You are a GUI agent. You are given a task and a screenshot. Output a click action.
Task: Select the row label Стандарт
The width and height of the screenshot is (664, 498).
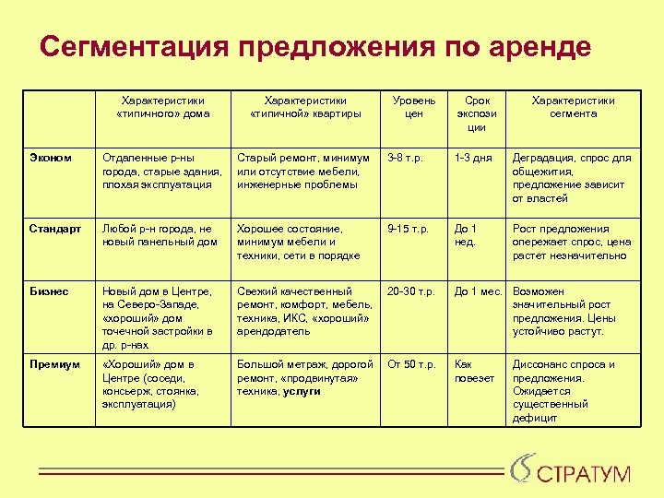pyautogui.click(x=55, y=229)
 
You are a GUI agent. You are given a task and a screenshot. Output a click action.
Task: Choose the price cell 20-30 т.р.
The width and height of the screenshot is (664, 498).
pyautogui.click(x=411, y=291)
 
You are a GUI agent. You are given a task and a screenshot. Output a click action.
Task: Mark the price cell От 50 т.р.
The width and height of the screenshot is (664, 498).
pyautogui.click(x=411, y=364)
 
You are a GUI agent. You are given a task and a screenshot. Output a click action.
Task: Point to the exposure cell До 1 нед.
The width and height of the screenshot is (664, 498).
pyautogui.click(x=467, y=235)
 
